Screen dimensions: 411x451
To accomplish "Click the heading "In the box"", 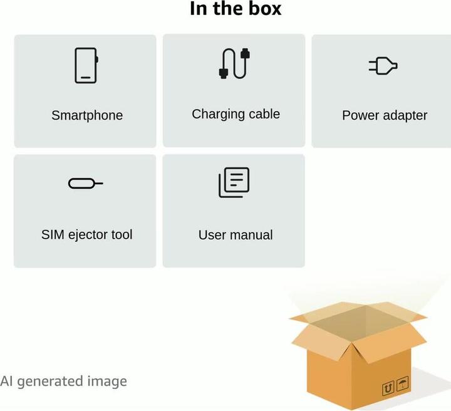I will coord(236,9).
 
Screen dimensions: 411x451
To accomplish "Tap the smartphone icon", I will coord(86,66).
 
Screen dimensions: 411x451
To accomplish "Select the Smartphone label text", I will coord(87,115).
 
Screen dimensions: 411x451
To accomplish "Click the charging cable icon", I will coord(234,63).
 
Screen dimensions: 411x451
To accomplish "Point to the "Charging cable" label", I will coord(236,114).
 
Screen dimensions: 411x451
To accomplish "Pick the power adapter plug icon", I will coord(383,66).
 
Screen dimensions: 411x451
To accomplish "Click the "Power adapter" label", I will coord(385,115).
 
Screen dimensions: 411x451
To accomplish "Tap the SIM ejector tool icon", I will coord(85,184).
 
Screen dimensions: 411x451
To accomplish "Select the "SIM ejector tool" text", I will coord(87,235).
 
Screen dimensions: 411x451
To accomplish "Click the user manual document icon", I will coord(234,182).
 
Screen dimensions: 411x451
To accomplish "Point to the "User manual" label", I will coord(236,235).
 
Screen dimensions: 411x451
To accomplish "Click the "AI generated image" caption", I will coord(63,381).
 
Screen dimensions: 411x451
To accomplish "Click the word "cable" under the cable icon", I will coord(263,114).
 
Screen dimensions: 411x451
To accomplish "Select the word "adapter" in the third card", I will coord(405,115).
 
